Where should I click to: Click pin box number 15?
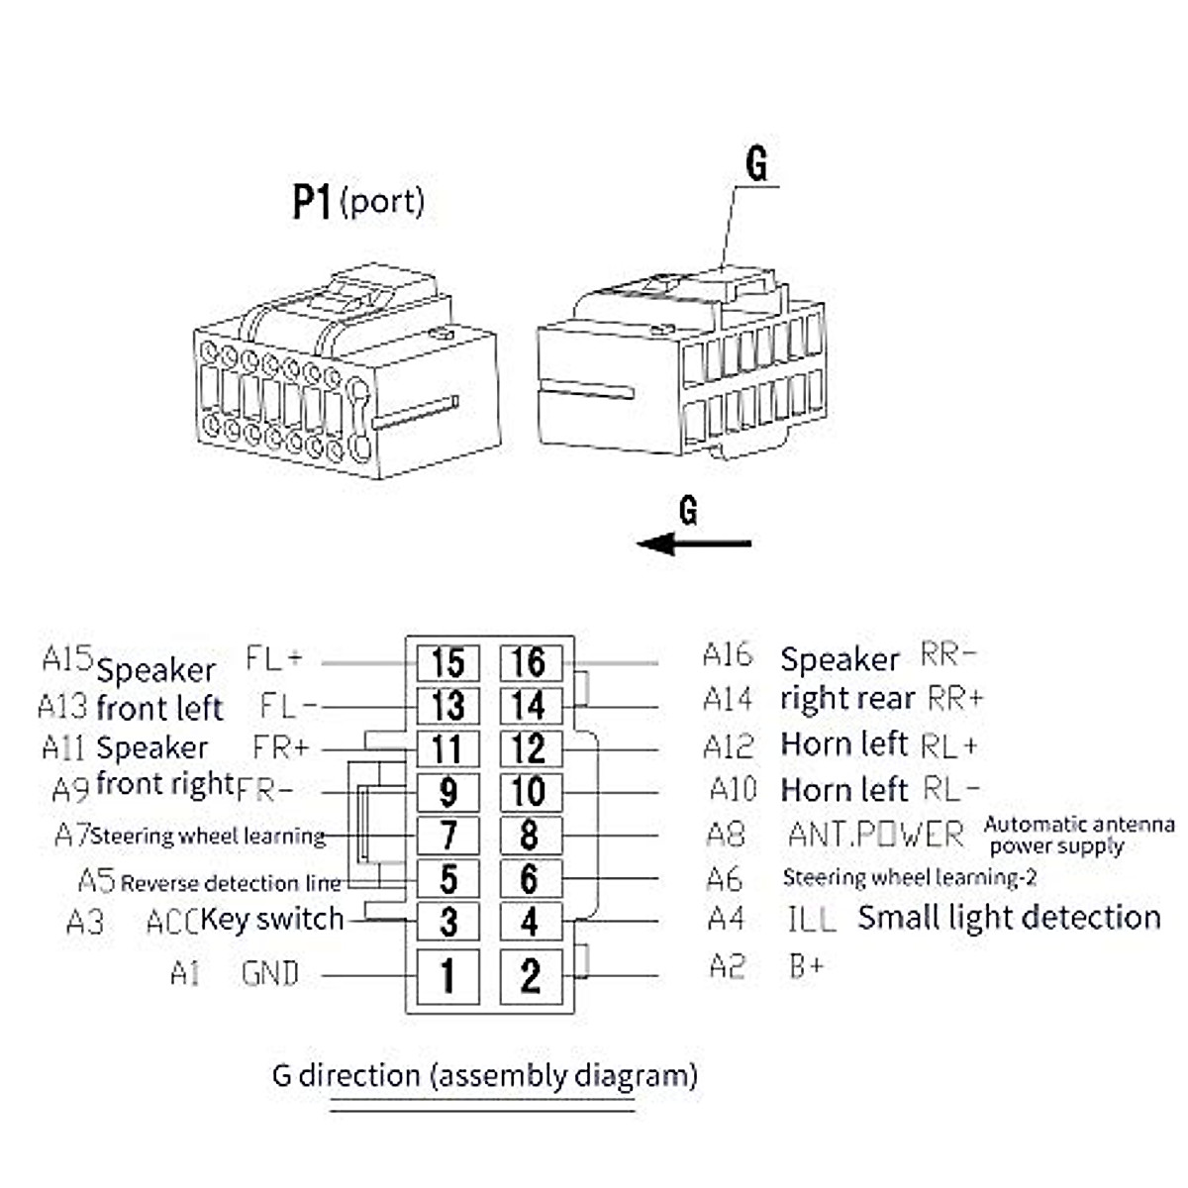448,662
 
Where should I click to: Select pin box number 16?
531,662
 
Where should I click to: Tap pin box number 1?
448,976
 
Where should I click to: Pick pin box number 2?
531,976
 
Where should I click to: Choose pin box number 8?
531,836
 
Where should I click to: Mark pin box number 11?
448,749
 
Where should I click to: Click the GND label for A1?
270,973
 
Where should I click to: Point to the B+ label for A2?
807,965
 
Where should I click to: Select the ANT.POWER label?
875,835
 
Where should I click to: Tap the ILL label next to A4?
812,919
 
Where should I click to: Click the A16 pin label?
728,654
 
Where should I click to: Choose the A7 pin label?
72,835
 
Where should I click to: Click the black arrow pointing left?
694,544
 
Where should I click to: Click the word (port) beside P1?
382,202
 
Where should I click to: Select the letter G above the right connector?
756,163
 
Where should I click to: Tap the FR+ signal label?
280,747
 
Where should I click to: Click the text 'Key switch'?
272,919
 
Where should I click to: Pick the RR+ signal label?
955,698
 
